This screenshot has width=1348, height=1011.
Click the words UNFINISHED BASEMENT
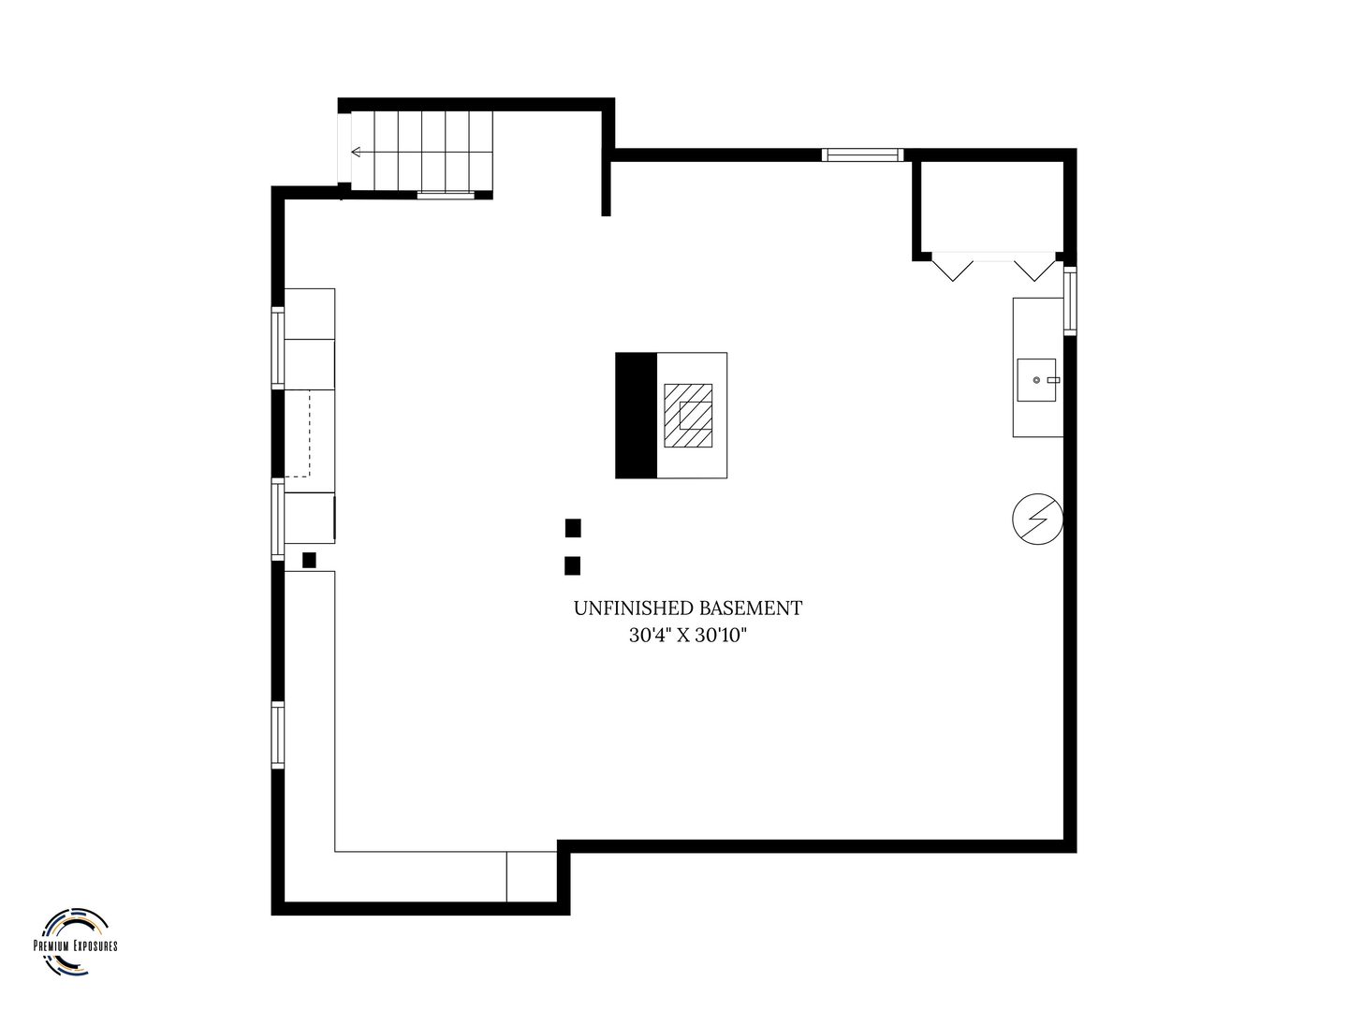(687, 608)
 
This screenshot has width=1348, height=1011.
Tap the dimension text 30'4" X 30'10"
(687, 635)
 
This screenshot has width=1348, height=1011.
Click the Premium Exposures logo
(75, 941)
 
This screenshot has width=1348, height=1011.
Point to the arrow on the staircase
(362, 152)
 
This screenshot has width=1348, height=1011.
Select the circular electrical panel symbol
(1037, 519)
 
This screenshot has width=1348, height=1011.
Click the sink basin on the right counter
(1036, 380)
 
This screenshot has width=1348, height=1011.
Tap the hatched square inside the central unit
(688, 416)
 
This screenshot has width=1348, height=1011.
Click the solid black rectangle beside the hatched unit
(637, 415)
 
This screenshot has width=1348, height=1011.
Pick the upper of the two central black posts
(573, 528)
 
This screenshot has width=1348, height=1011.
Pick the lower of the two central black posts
(572, 565)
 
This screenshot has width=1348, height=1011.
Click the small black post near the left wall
(309, 560)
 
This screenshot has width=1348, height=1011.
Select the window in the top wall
(863, 154)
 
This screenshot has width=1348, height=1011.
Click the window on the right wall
(1070, 300)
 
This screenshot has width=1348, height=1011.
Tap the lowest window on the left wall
(278, 735)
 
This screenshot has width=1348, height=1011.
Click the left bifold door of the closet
(953, 269)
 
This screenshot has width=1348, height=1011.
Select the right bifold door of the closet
(1034, 269)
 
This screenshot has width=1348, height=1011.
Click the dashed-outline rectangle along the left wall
(298, 432)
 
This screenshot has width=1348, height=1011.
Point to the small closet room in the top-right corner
(989, 206)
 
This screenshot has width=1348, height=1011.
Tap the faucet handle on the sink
(1053, 380)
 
